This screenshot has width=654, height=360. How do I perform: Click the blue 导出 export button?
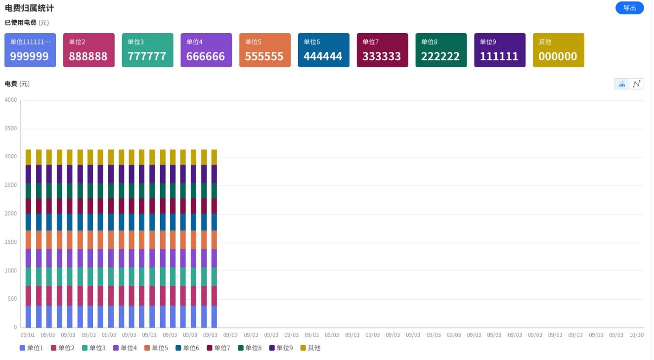point(629,8)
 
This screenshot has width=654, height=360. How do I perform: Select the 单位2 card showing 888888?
point(89,50)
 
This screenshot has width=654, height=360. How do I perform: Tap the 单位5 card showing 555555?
point(265,50)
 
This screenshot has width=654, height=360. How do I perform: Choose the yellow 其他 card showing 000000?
point(558,50)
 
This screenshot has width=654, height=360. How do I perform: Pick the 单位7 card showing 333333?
point(382,50)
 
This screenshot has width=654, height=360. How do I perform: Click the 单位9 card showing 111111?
point(500,50)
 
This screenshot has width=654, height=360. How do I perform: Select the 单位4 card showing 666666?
point(206,50)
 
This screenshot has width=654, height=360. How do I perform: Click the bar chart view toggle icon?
point(622,84)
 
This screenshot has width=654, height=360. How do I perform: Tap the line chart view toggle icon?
point(637,84)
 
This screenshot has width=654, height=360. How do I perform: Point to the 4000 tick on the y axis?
point(11,100)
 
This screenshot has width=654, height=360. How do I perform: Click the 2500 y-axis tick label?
point(11,185)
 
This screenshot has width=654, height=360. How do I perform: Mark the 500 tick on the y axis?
point(12,299)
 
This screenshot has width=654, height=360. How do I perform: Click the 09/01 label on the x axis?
point(28,335)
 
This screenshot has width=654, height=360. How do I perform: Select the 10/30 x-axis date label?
point(637,335)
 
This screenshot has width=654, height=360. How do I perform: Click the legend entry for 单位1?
point(31,348)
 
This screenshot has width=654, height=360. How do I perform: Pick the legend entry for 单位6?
point(187,348)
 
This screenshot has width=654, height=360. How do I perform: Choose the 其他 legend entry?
point(310,348)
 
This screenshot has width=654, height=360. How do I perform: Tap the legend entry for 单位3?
point(94,348)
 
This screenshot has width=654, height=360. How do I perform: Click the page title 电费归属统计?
point(29,8)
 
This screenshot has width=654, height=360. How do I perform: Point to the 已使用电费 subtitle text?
point(20,22)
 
